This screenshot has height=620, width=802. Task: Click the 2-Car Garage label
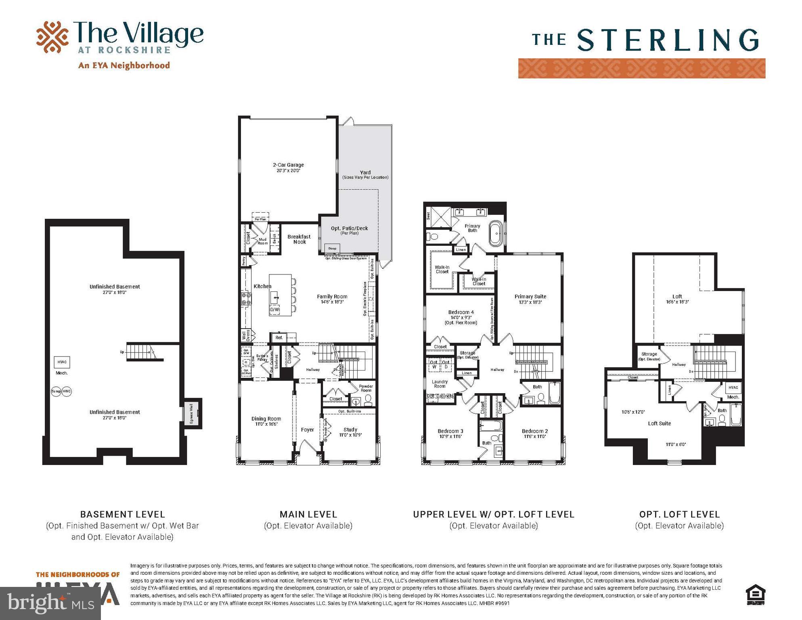288,165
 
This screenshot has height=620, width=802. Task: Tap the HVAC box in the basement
62,362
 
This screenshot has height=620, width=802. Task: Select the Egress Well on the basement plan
192,413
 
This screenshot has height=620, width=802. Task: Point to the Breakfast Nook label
299,239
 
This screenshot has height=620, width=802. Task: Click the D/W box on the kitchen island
274,310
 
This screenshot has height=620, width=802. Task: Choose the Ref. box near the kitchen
279,337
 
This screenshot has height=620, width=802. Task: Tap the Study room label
350,429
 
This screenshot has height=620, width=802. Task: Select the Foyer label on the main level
308,429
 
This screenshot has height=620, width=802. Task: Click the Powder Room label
366,388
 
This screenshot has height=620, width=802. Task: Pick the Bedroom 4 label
461,312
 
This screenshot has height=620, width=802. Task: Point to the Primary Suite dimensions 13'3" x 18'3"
530,302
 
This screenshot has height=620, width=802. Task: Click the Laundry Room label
440,384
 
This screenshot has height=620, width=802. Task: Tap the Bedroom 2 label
535,431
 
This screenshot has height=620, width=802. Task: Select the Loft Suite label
660,423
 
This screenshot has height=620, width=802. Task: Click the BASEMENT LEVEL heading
123,515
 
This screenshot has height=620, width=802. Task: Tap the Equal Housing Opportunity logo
756,595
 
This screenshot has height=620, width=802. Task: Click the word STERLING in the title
668,40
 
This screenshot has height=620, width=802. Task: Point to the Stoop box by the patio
332,248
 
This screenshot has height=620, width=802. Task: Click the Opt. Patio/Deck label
350,228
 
